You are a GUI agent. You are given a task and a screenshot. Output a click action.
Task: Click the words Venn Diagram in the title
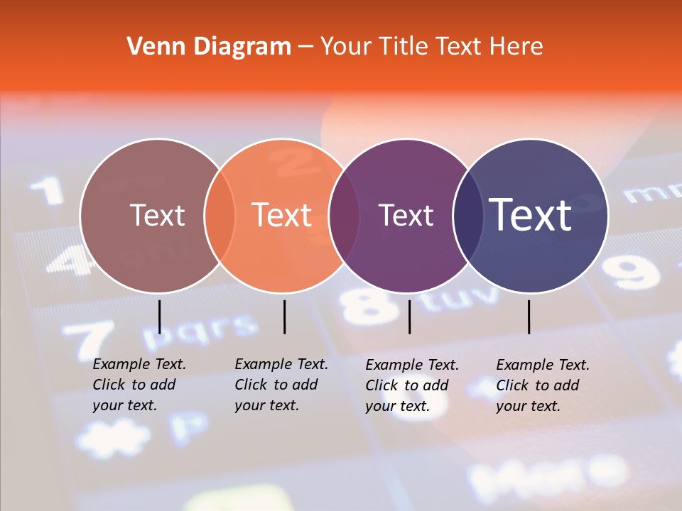209,47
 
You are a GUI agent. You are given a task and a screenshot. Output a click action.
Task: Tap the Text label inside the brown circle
157,215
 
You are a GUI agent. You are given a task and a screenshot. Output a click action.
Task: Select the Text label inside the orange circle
282,215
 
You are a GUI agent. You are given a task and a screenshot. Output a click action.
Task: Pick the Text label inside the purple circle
406,215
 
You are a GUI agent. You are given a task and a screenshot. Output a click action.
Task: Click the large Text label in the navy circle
531,215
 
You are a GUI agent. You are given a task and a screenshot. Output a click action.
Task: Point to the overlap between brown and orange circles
220,216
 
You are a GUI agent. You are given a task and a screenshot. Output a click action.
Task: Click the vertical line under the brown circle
160,317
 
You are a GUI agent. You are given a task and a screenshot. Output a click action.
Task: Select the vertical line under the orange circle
284,317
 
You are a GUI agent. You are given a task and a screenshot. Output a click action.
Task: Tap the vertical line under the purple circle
410,317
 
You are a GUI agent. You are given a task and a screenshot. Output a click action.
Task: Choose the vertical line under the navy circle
529,317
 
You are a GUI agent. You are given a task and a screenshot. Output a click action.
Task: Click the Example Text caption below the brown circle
139,385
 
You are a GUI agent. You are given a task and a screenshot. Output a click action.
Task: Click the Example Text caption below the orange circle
281,385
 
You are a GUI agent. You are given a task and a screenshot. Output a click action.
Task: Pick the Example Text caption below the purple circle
412,385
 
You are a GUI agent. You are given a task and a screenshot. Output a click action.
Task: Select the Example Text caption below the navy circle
543,385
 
